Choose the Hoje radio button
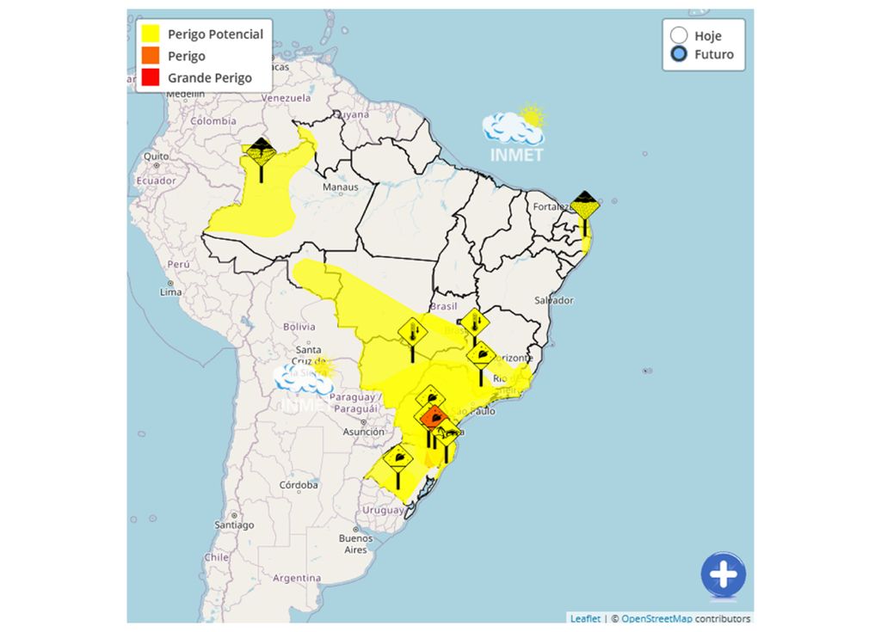680,35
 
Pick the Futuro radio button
680,54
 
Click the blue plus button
724,574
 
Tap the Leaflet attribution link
585,619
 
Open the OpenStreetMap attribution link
656,619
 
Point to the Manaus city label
339,187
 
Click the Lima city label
170,292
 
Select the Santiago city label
234,525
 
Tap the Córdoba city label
299,485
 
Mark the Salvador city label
553,300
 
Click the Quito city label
156,156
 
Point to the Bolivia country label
300,327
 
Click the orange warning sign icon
434,419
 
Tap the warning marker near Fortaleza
585,207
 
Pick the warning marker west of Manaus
260,152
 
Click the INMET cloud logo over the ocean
514,134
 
